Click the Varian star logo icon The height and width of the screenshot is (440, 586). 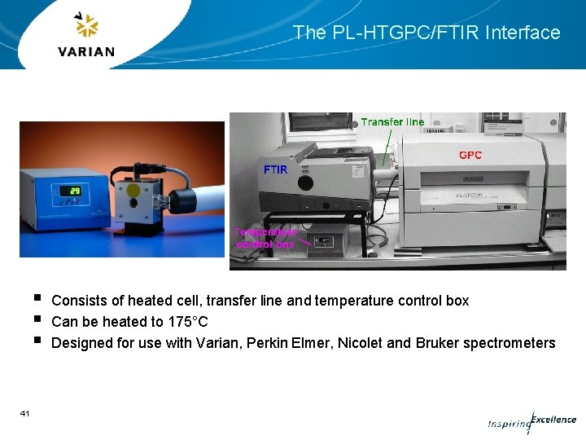click(86, 26)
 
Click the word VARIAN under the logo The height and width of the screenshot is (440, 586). click(86, 51)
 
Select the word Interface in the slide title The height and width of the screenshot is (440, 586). click(523, 33)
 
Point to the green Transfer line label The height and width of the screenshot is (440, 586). click(392, 122)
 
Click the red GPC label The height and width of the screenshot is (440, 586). click(470, 155)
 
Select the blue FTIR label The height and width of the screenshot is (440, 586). click(274, 170)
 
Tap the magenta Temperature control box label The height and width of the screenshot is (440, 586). click(265, 237)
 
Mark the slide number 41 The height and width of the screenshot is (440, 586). click(25, 414)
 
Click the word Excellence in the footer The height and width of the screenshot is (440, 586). click(553, 420)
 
